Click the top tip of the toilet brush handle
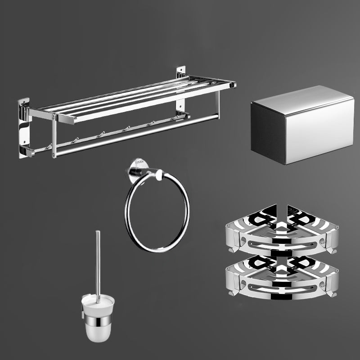(98, 232)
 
